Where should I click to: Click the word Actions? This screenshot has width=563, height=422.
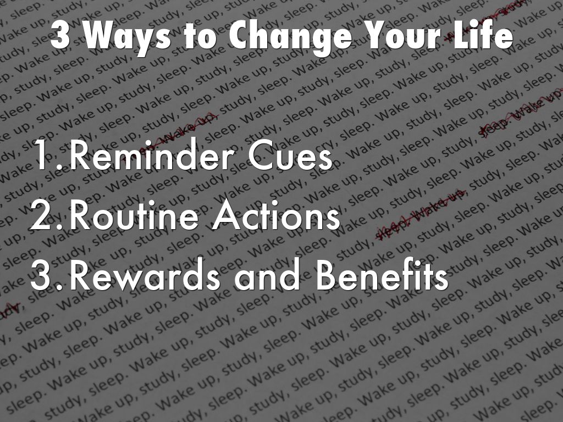pos(275,218)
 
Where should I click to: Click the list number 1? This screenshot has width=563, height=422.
pos(47,158)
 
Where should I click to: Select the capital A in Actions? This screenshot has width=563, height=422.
pos(227,218)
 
